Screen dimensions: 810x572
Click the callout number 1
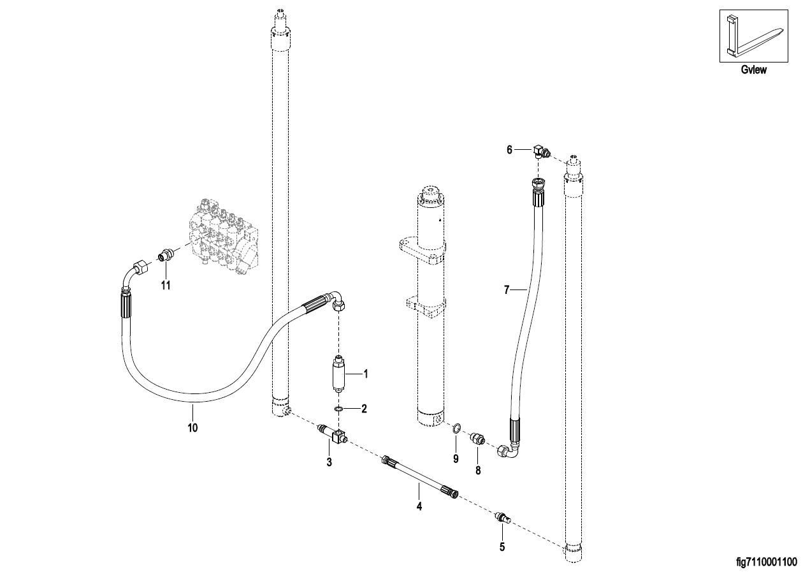[366, 374]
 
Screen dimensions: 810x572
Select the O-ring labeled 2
[338, 409]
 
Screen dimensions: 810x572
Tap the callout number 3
[329, 462]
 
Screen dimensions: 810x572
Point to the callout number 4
[419, 506]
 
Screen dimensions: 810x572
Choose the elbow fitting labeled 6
[541, 151]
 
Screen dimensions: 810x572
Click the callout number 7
[507, 290]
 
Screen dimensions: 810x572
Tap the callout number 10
[192, 428]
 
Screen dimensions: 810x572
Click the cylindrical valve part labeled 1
[338, 374]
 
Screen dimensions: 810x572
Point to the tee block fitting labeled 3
[332, 434]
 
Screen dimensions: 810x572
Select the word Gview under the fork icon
[753, 70]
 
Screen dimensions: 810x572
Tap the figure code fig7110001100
[767, 562]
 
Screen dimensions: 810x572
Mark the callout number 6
[509, 149]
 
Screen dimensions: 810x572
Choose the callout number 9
[456, 458]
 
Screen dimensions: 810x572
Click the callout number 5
[502, 546]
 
